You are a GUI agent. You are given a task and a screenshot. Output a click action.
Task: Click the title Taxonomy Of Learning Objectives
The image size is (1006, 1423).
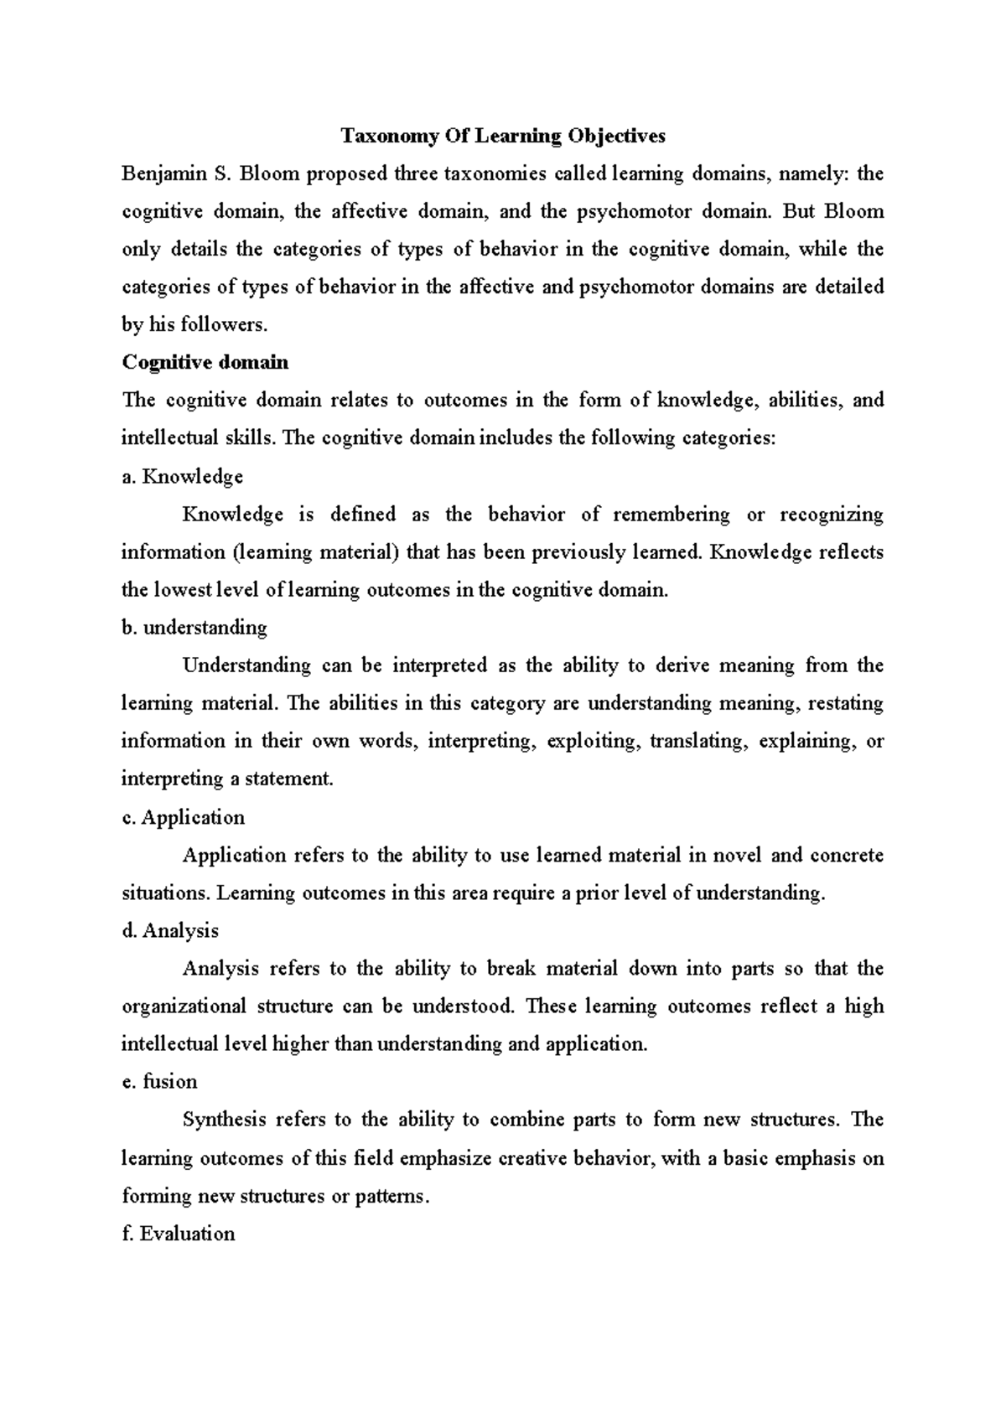coord(502,136)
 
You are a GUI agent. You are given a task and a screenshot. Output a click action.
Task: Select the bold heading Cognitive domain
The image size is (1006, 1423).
coord(205,362)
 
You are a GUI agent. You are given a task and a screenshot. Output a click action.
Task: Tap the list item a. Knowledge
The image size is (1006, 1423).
coord(183,477)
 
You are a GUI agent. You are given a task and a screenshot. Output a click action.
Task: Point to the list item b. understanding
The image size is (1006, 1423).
coord(194,628)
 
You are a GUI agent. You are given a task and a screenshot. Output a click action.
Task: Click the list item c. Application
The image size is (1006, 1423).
coord(184,817)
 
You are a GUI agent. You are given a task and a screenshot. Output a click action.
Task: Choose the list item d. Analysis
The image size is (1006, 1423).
coord(170,930)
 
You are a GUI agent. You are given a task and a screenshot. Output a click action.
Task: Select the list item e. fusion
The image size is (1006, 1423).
coord(160,1082)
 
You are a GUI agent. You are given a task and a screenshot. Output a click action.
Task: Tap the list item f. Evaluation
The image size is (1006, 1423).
coord(179,1234)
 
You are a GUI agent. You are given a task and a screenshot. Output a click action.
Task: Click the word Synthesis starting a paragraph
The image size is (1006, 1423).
coord(224,1120)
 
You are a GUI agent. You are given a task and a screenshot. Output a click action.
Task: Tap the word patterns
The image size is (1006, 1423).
coord(392,1196)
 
